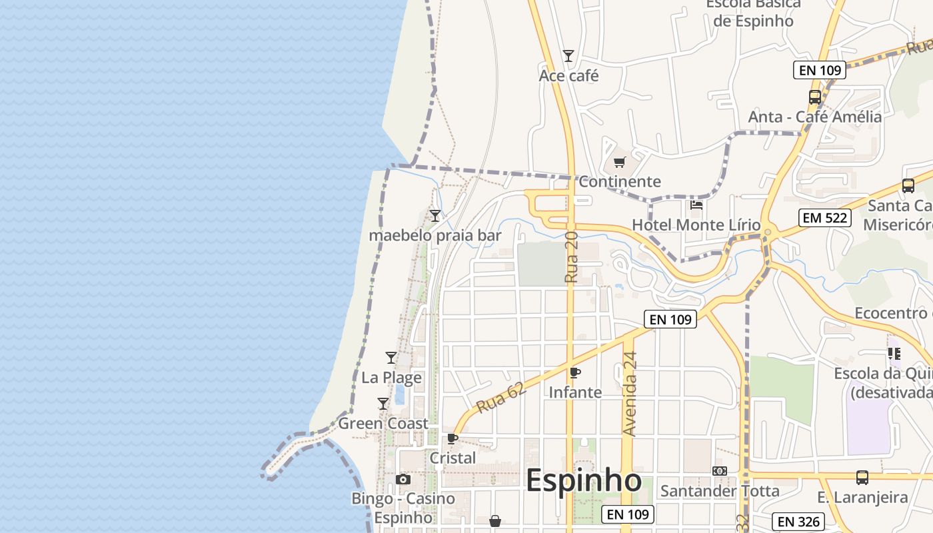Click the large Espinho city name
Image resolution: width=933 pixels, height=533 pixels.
click(x=584, y=480)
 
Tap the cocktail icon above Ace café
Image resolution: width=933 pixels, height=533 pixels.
click(x=568, y=56)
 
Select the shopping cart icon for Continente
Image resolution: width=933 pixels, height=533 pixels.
click(x=620, y=162)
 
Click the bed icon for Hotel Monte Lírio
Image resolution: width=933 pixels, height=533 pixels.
click(x=696, y=205)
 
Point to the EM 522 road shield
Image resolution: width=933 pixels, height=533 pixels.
click(x=825, y=218)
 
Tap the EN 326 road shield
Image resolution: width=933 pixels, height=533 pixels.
click(x=798, y=522)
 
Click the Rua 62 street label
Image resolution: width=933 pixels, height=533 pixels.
click(x=500, y=397)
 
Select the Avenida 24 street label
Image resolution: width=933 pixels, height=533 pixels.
click(x=630, y=394)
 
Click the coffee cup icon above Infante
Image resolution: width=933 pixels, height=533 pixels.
click(x=575, y=372)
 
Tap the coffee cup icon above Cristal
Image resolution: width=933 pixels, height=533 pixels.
click(x=453, y=438)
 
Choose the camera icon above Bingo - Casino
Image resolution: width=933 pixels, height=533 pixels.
click(x=403, y=480)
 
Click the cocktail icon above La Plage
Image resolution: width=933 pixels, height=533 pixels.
click(x=391, y=358)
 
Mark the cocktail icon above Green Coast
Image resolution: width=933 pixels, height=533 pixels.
click(x=383, y=404)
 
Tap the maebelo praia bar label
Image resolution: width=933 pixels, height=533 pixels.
click(x=435, y=235)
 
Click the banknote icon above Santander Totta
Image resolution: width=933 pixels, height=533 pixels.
click(x=720, y=471)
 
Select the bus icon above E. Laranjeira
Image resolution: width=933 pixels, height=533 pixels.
click(x=862, y=477)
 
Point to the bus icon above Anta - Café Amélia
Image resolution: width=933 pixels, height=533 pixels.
click(x=814, y=97)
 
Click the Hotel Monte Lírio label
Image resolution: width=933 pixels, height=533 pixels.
click(x=696, y=225)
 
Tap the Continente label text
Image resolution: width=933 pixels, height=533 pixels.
click(x=620, y=181)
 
